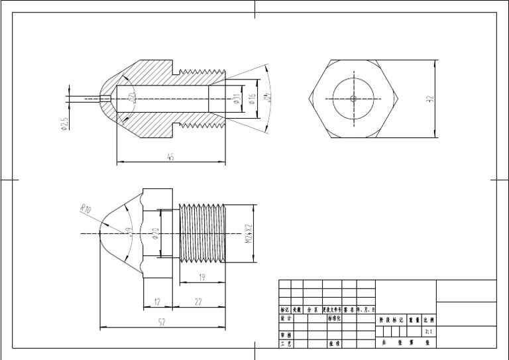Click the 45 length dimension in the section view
[x=170, y=157]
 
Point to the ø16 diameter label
[x=253, y=99]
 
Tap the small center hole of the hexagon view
[x=354, y=99]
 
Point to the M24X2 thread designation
[x=249, y=233]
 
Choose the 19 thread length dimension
[x=201, y=278]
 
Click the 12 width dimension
[x=157, y=302]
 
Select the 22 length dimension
[x=198, y=302]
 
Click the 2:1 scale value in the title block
[x=429, y=331]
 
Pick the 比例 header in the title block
[x=429, y=319]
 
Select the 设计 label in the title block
[x=286, y=318]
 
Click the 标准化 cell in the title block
[x=334, y=318]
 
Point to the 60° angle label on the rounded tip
[x=129, y=230]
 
